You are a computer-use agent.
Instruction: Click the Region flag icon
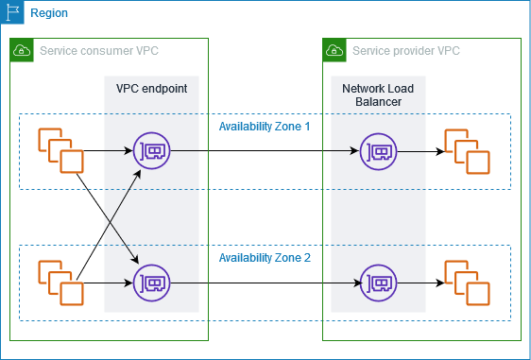coord(11,11)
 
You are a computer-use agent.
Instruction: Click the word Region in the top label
coord(49,13)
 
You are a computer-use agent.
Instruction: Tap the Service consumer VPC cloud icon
coord(21,50)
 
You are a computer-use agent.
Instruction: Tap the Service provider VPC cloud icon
coord(334,50)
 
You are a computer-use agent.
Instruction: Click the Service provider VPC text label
coord(405,50)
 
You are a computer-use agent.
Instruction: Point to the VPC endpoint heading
coord(151,88)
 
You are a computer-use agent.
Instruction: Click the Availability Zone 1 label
coord(265,126)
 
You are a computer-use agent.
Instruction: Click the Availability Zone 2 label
coord(265,257)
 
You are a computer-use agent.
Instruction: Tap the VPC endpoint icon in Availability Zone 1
coord(152,150)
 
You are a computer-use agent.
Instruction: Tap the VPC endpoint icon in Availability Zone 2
coord(152,282)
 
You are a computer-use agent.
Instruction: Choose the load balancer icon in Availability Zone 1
coord(378,150)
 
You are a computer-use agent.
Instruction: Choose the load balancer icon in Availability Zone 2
coord(378,282)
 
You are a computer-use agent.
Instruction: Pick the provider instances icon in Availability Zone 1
coord(467,150)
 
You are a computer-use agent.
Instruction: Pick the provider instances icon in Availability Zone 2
coord(467,282)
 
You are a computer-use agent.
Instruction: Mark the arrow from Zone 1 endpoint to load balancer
coord(265,150)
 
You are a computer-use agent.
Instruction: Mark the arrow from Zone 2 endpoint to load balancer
coord(265,282)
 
